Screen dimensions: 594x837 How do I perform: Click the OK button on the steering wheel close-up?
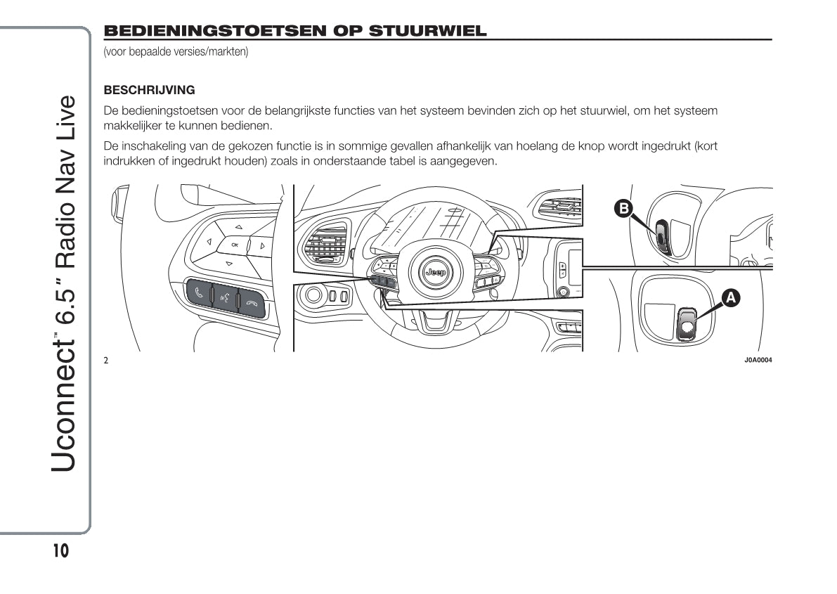pyautogui.click(x=235, y=245)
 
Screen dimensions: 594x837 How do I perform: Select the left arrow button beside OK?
pyautogui.click(x=209, y=243)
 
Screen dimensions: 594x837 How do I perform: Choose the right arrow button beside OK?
pyautogui.click(x=262, y=246)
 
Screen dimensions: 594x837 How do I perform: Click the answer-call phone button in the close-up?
pyautogui.click(x=199, y=293)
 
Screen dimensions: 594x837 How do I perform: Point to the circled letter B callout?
pyautogui.click(x=623, y=208)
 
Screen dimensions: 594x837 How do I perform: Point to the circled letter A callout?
pyautogui.click(x=731, y=298)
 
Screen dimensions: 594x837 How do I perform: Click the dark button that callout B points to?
pyautogui.click(x=661, y=235)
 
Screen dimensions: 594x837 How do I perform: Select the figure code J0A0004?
pyautogui.click(x=758, y=361)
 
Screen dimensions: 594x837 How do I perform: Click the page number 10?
pyautogui.click(x=60, y=551)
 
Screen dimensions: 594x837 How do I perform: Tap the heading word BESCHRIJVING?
pyautogui.click(x=149, y=91)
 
